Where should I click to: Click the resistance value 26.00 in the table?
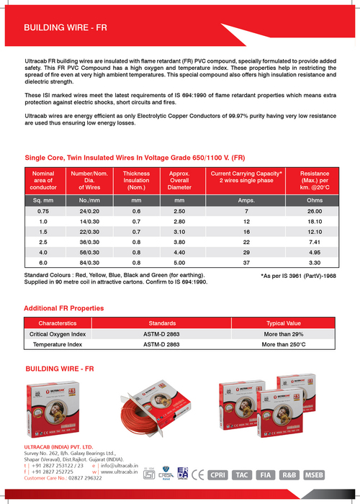pyautogui.click(x=315, y=211)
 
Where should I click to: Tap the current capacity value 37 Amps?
pyautogui.click(x=246, y=264)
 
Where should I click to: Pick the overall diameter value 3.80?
pyautogui.click(x=179, y=243)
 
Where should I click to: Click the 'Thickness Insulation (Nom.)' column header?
pyautogui.click(x=136, y=181)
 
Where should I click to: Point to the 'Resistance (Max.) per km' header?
pyautogui.click(x=315, y=181)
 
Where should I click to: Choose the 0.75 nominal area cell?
pyautogui.click(x=43, y=211)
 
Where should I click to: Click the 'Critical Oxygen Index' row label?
pyautogui.click(x=58, y=335)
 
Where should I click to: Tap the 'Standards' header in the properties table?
pyautogui.click(x=162, y=324)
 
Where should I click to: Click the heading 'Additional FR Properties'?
pyautogui.click(x=63, y=308)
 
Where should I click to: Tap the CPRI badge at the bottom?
pyautogui.click(x=217, y=474)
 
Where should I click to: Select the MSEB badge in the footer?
pyautogui.click(x=314, y=474)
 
